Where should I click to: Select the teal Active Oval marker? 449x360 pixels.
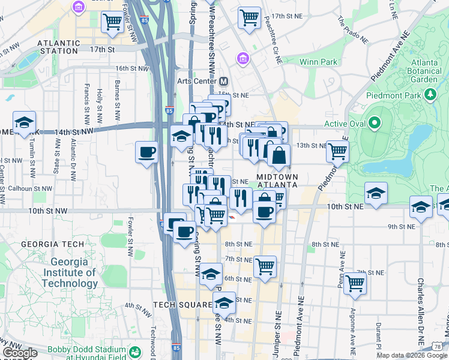[x=375, y=124]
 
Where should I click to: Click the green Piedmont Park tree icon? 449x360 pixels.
[x=430, y=94]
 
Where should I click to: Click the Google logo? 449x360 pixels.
[x=20, y=353]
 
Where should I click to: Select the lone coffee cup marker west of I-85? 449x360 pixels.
[x=146, y=152]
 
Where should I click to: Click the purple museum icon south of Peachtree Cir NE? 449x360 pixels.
[x=242, y=59]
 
